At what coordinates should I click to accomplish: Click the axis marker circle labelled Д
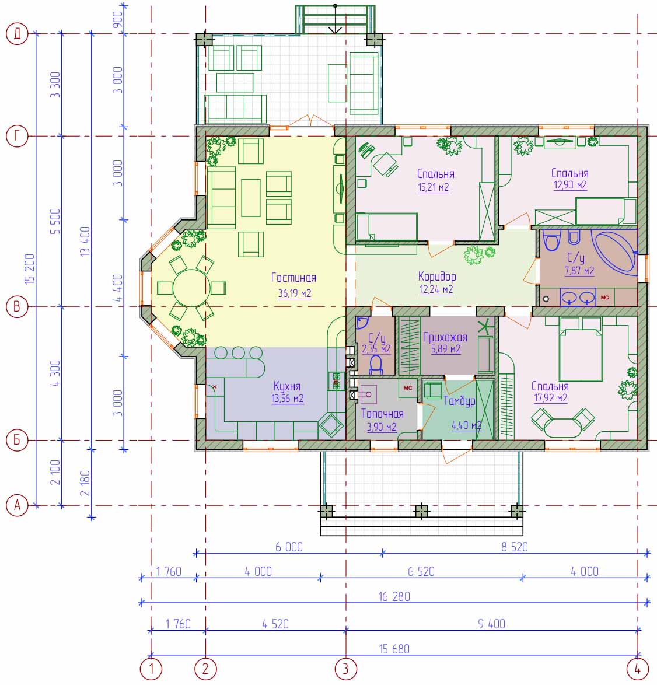(17, 34)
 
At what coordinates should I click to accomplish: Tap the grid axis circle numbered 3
(346, 669)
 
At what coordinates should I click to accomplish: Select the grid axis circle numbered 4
(638, 669)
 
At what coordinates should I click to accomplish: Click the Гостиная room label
(293, 278)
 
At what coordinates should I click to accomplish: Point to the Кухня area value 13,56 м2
(287, 399)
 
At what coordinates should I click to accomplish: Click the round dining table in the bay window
(191, 288)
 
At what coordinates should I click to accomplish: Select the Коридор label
(437, 277)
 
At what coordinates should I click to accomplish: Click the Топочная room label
(382, 413)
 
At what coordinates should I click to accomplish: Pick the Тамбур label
(459, 401)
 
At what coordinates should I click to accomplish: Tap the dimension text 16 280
(394, 597)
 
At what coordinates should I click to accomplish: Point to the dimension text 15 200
(29, 269)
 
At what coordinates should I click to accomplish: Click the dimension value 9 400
(491, 624)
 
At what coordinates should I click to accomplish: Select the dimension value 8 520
(515, 547)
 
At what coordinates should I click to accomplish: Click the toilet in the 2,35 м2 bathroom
(376, 365)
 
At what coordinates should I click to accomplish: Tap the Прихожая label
(445, 337)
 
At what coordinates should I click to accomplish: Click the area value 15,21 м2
(434, 187)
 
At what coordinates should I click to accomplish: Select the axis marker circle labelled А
(17, 505)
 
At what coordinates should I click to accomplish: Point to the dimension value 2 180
(85, 483)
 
